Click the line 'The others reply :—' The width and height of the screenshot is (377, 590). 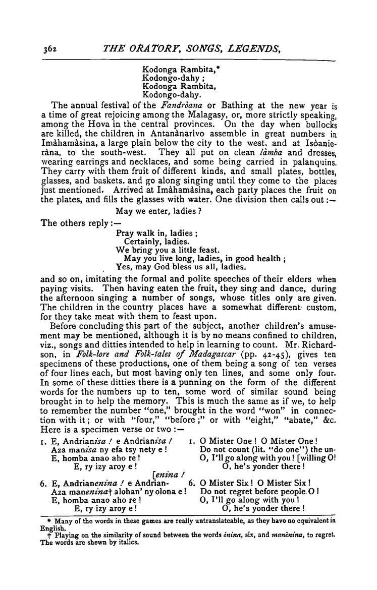click(75, 223)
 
